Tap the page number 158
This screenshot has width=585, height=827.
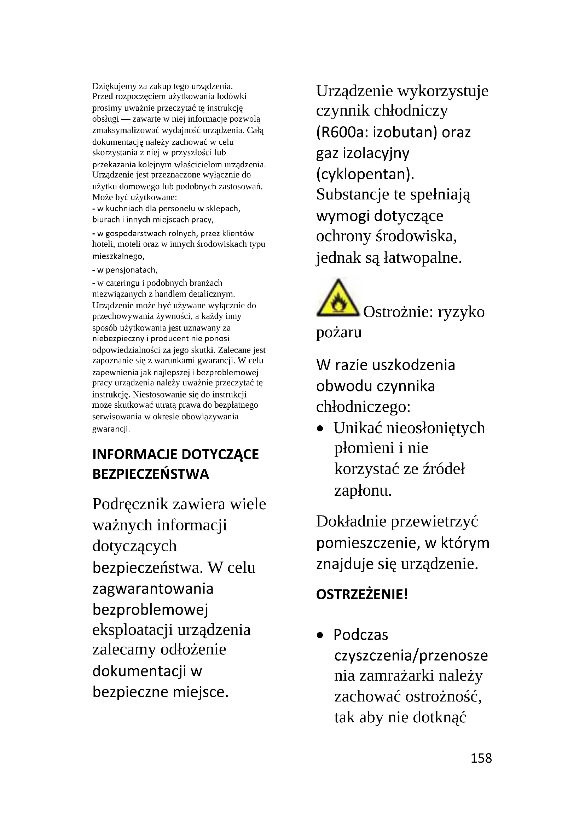[481, 758]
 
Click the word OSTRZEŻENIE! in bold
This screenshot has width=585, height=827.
[362, 594]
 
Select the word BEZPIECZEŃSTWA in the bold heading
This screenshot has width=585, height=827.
[151, 474]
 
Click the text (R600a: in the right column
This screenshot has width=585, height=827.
[342, 133]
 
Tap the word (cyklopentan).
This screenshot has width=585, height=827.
[365, 174]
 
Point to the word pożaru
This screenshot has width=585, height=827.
[338, 332]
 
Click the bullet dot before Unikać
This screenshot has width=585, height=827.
[320, 429]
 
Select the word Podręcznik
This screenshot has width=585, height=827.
[131, 504]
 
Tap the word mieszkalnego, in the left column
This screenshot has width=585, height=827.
[118, 256]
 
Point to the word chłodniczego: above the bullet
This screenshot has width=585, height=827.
[364, 407]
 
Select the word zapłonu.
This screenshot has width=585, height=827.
[363, 491]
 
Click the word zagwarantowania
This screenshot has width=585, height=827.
[153, 589]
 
